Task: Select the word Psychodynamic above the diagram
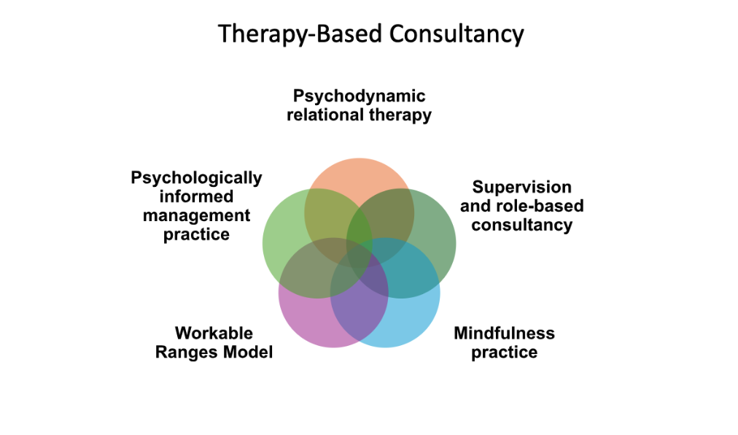(x=359, y=96)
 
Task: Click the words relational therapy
(x=359, y=115)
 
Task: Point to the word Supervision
(x=521, y=187)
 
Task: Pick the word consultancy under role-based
(x=521, y=225)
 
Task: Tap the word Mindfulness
(x=504, y=334)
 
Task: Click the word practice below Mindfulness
(x=504, y=353)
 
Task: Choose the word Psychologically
(x=196, y=177)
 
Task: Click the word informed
(x=196, y=196)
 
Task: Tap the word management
(x=196, y=215)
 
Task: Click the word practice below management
(x=196, y=234)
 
